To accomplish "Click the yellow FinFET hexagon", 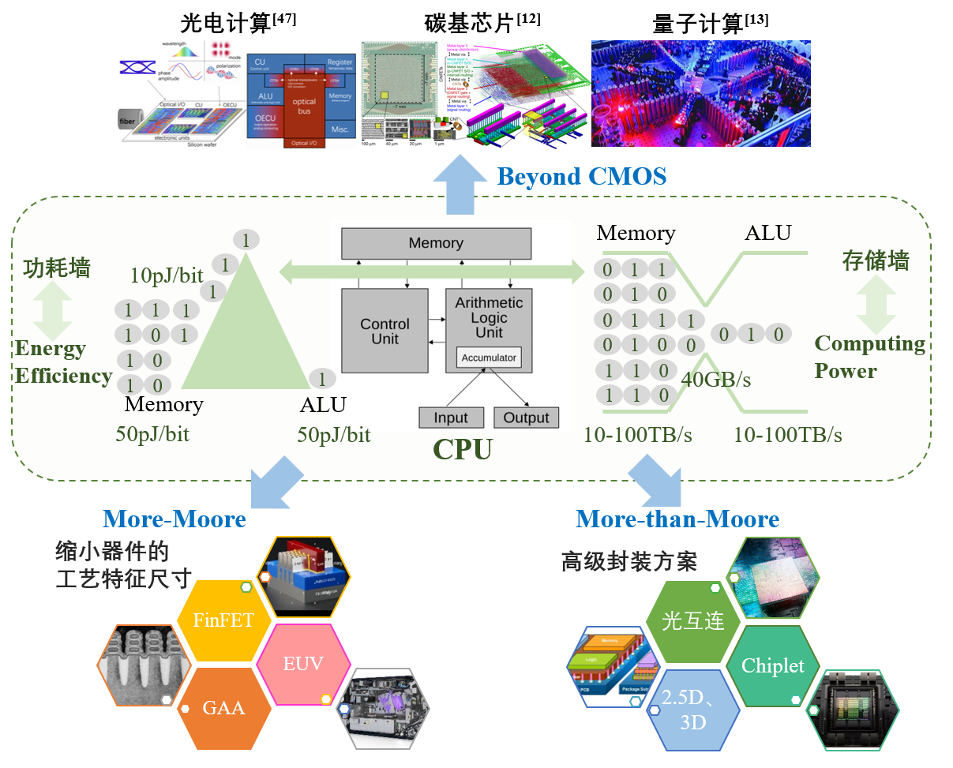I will pyautogui.click(x=223, y=620).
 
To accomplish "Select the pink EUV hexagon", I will pyautogui.click(x=304, y=664).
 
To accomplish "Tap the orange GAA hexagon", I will pyautogui.click(x=223, y=708).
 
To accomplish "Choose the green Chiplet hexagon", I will pyautogui.click(x=773, y=666).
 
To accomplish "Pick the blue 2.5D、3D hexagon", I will pyautogui.click(x=693, y=710).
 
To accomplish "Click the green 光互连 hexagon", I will pyautogui.click(x=693, y=622).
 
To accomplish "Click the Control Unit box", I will pyautogui.click(x=385, y=331).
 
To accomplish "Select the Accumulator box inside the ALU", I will pyautogui.click(x=489, y=358).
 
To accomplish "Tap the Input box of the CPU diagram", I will pyautogui.click(x=451, y=418).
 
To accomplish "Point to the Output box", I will pyautogui.click(x=526, y=418).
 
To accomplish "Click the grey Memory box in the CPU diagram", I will pyautogui.click(x=436, y=243).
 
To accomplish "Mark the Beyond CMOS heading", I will pyautogui.click(x=582, y=176).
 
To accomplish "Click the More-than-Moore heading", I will pyautogui.click(x=677, y=519).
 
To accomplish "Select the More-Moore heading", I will pyautogui.click(x=174, y=519).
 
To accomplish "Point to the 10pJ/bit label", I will pyautogui.click(x=167, y=275).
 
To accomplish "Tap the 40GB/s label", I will pyautogui.click(x=716, y=380).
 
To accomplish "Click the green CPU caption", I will pyautogui.click(x=463, y=449).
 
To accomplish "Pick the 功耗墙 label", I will pyautogui.click(x=56, y=268).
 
